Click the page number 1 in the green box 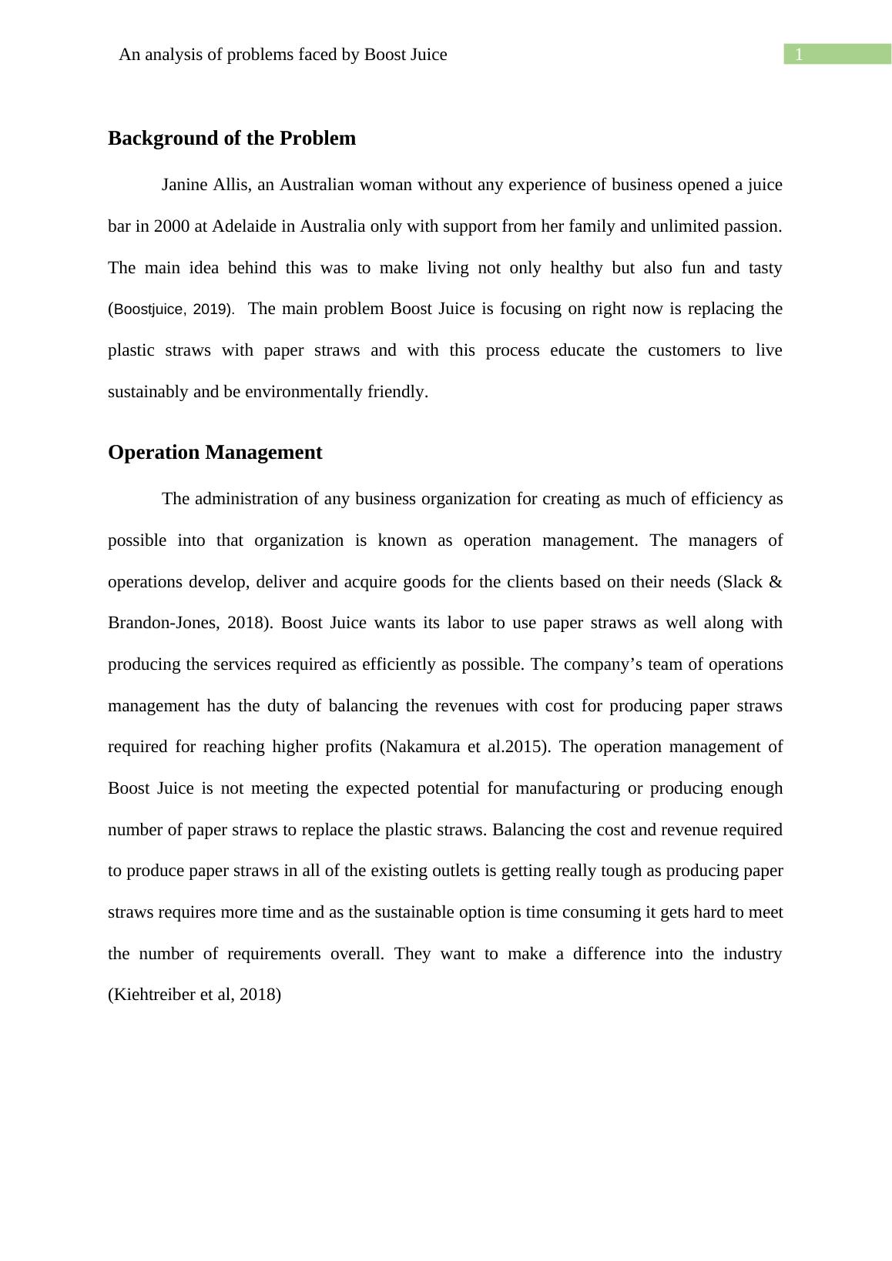coord(800,55)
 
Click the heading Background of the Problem coord(232,139)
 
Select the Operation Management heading coord(215,453)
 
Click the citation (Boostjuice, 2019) coord(171,309)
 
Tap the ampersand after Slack coord(775,582)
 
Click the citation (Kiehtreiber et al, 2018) coord(194,995)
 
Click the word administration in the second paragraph coord(246,499)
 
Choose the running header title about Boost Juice coord(283,55)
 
